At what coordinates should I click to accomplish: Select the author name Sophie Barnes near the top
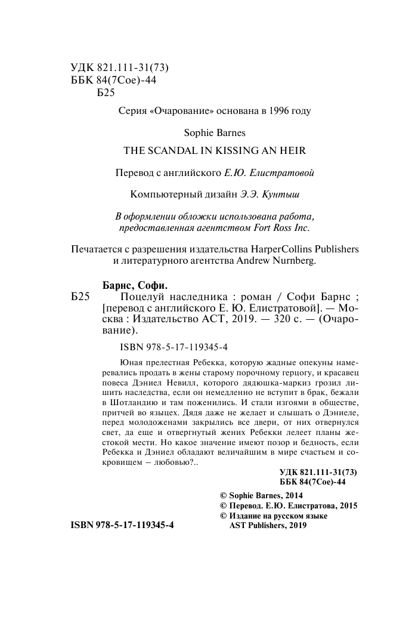point(206,132)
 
